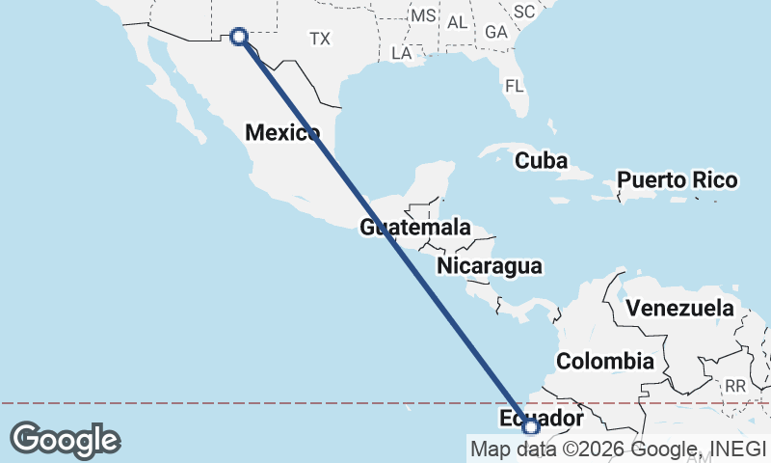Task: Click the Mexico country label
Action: [281, 133]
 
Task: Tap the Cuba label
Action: [540, 160]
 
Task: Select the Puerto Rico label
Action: [678, 180]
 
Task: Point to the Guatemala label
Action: [415, 229]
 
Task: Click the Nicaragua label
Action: [489, 266]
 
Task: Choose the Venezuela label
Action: [679, 310]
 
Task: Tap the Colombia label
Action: [605, 362]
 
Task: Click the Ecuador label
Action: [542, 419]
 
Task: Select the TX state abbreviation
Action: [320, 39]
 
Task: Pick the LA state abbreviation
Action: [402, 53]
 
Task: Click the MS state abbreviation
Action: [423, 16]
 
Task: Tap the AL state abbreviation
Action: [457, 21]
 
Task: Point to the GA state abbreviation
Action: [496, 32]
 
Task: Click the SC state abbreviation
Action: [524, 12]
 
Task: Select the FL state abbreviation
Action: [515, 86]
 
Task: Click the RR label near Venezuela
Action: [735, 386]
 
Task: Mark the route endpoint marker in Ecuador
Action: [530, 426]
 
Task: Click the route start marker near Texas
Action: [238, 37]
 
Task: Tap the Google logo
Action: [65, 439]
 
